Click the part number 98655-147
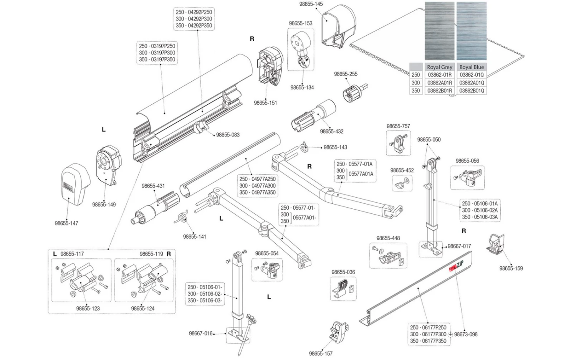pos(66,223)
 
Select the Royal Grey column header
pos(439,67)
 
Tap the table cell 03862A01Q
pos(472,83)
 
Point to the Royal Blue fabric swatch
pos(471,31)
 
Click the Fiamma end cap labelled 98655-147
pos(75,184)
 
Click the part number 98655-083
pos(228,135)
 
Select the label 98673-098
pos(466,334)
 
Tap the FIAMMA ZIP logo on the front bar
pos(457,266)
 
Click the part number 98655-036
pos(343,272)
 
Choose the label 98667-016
pos(200,334)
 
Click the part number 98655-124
pos(143,308)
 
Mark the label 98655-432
pos(332,131)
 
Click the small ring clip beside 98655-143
pos(304,147)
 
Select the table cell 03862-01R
pos(440,75)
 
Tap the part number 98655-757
pos(398,126)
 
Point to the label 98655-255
pos(346,74)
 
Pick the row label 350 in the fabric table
pos(415,91)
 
